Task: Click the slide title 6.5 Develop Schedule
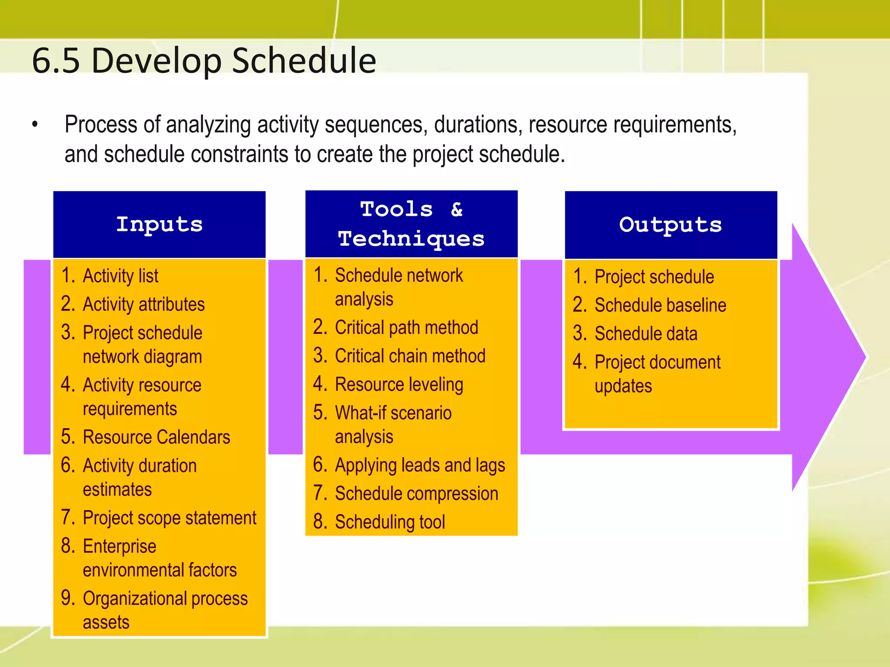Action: coord(204,61)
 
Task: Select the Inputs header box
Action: coord(159,225)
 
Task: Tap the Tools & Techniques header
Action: coord(411,224)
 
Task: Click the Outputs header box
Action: coord(671,225)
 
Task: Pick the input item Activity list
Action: coord(120,276)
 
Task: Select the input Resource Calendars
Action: coord(156,437)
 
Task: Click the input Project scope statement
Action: coord(169,518)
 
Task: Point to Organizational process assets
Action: coord(165,610)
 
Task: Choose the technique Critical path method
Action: coord(406,328)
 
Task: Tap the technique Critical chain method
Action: coord(410,356)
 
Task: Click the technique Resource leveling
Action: coord(399,385)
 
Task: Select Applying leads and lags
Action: coord(420,466)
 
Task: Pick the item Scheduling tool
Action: coord(390,522)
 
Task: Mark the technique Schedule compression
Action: coord(416,494)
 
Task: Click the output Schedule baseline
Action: coord(660,305)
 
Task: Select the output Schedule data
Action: coord(646,334)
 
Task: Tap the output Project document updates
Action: coord(657,373)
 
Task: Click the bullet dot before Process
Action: coord(35,125)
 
